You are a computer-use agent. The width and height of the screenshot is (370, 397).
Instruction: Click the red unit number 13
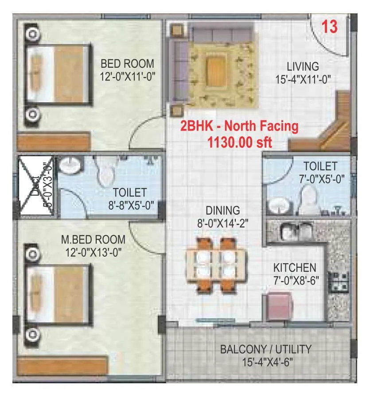click(329, 27)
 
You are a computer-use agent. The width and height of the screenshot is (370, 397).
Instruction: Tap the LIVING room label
click(303, 67)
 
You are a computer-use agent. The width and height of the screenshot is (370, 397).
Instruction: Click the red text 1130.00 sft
click(240, 143)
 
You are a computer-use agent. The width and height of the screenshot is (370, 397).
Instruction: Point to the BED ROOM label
click(127, 63)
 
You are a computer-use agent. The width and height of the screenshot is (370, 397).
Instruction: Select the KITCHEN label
click(295, 268)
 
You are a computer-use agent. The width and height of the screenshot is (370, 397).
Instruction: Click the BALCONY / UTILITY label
click(266, 349)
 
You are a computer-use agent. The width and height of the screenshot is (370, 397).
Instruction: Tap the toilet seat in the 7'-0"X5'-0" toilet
click(308, 198)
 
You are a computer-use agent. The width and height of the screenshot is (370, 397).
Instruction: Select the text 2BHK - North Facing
click(239, 126)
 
